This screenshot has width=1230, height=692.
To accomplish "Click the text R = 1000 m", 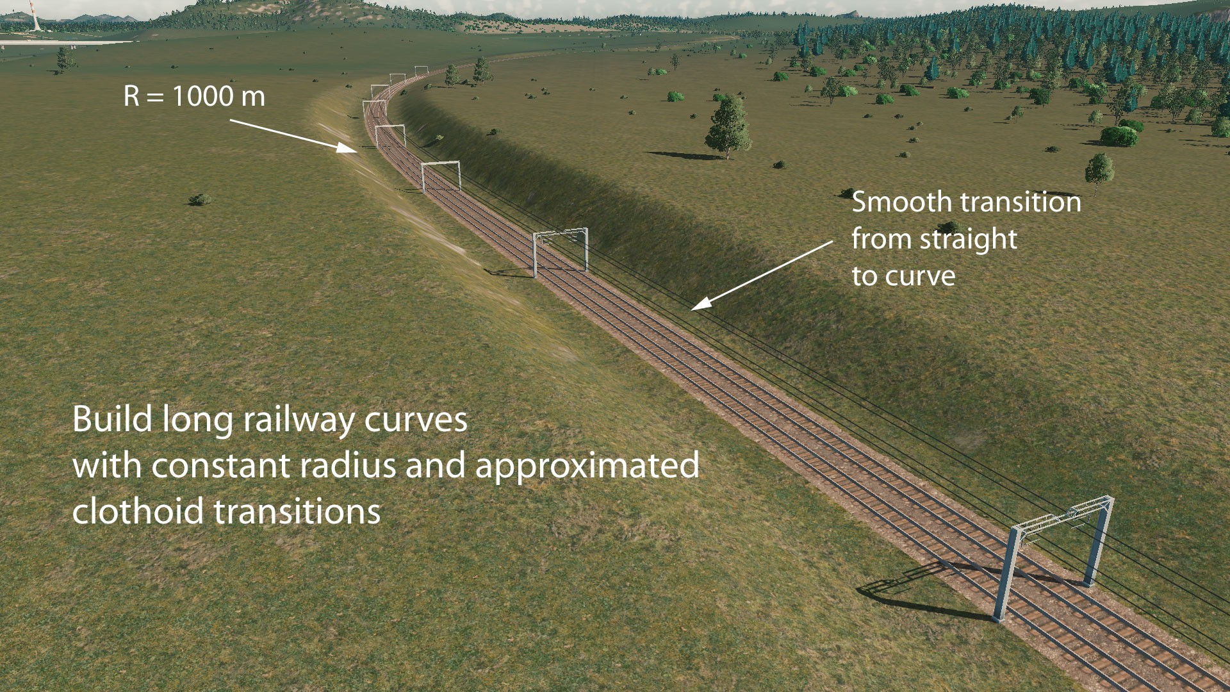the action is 194,96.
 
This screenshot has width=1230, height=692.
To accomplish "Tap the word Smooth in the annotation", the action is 892,202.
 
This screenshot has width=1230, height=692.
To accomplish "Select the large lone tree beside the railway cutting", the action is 728,126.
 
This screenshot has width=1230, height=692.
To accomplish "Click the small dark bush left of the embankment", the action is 200,199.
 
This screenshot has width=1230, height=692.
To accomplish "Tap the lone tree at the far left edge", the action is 65,59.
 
